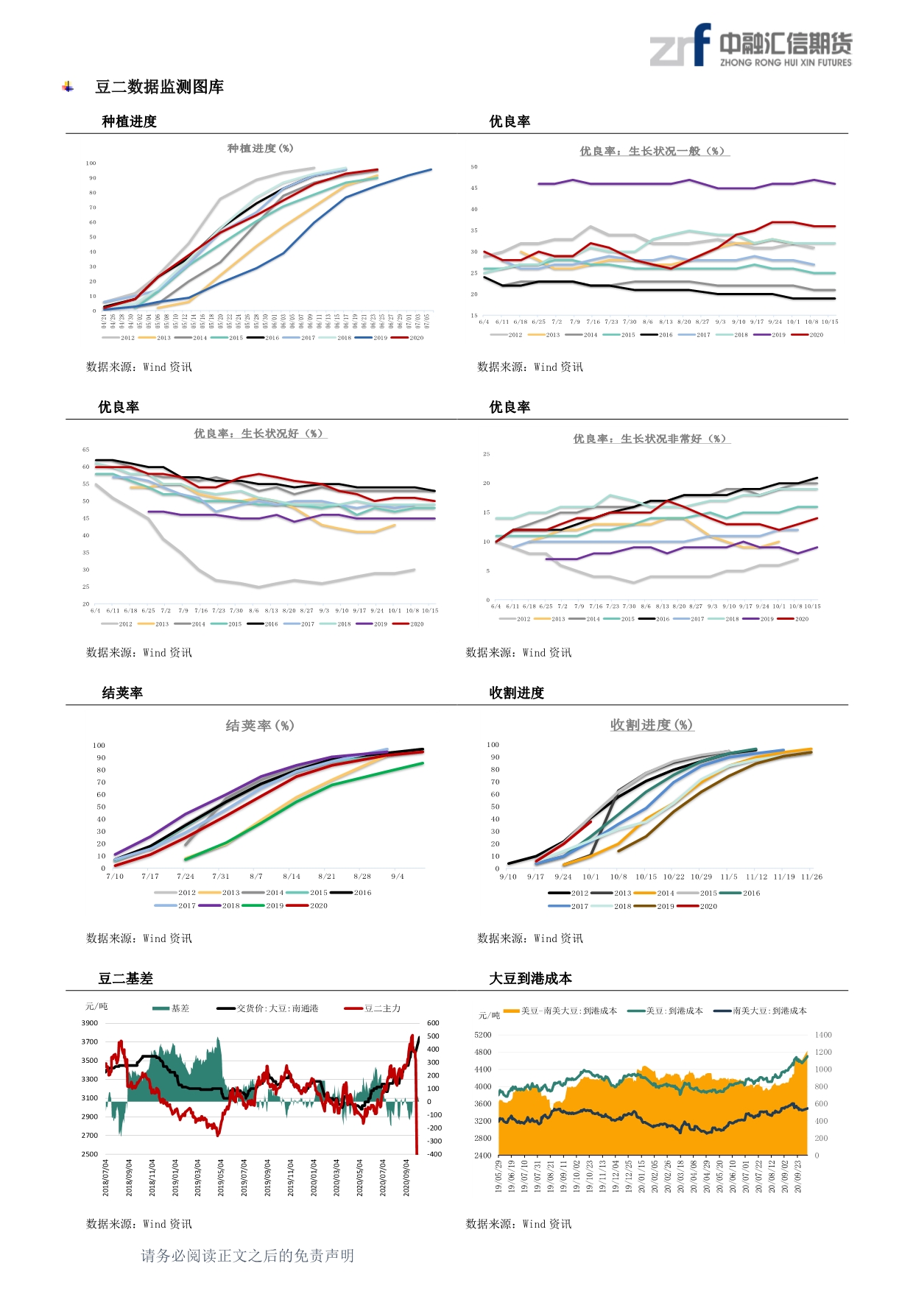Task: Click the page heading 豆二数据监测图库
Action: click(159, 87)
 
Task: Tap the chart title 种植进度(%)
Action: click(260, 148)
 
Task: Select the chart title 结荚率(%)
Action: click(259, 726)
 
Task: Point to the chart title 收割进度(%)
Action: click(652, 725)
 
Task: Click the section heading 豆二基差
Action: click(126, 978)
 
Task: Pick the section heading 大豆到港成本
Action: click(530, 978)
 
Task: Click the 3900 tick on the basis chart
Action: click(90, 1023)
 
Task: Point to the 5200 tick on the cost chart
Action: click(483, 1035)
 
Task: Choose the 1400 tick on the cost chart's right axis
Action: click(823, 1035)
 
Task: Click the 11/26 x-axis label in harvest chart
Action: click(811, 877)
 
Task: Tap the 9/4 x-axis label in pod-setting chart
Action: click(398, 877)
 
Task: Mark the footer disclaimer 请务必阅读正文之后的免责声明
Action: click(247, 1256)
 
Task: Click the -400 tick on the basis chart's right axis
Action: click(434, 1154)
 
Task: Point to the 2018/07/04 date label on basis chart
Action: click(106, 1178)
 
